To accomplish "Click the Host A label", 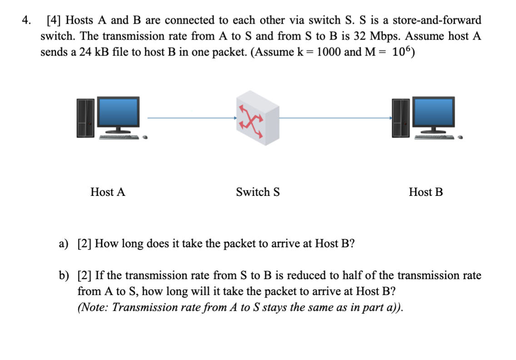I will pyautogui.click(x=108, y=192).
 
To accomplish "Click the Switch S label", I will pyautogui.click(x=258, y=192).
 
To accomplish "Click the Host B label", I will pyautogui.click(x=426, y=192).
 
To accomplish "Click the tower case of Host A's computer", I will pyautogui.click(x=85, y=117).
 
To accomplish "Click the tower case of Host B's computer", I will pyautogui.click(x=400, y=117).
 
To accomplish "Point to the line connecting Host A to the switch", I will pyautogui.click(x=191, y=118).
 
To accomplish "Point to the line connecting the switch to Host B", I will pyautogui.click(x=335, y=118).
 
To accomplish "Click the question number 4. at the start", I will pyautogui.click(x=27, y=20).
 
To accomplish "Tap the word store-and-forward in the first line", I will pyautogui.click(x=437, y=20).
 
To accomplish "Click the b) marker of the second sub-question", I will pyautogui.click(x=64, y=275).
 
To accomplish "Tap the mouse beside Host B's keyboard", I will pyautogui.click(x=461, y=136).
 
